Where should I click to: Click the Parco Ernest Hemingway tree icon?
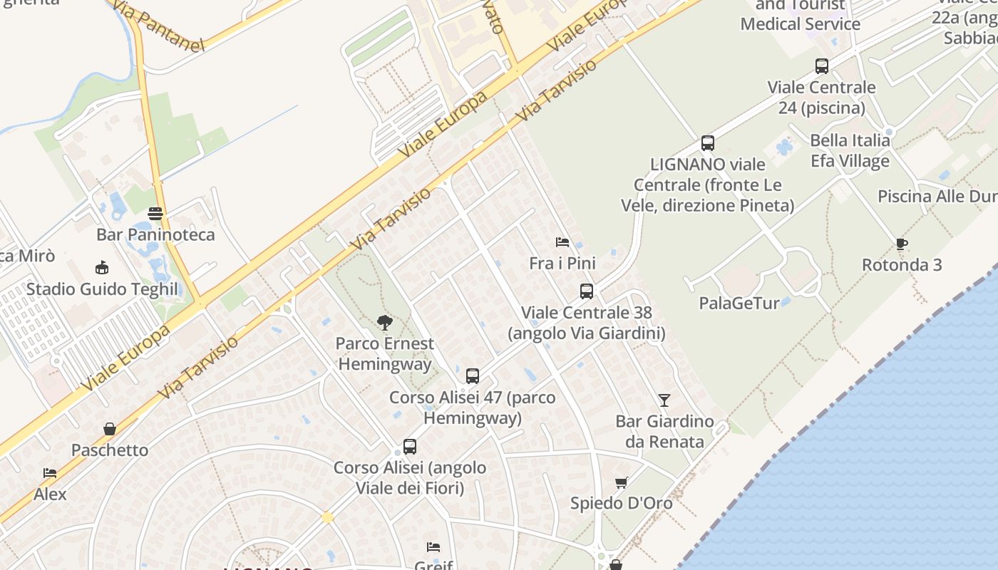point(385,323)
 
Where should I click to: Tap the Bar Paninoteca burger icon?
point(155,213)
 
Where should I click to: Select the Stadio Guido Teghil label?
point(102,289)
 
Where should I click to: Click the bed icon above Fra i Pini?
point(562,242)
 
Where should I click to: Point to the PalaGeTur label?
point(739,303)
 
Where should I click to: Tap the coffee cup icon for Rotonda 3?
point(902,244)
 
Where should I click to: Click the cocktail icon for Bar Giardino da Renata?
point(664,400)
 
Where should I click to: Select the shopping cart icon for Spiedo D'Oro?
point(622,482)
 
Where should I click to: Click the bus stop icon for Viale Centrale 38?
point(587,291)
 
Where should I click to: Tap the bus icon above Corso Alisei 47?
point(473,376)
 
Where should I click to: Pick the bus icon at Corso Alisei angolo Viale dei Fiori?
point(410,447)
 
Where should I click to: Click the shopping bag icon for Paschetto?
point(110,429)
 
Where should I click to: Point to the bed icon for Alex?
point(50,473)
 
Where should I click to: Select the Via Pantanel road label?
point(158,28)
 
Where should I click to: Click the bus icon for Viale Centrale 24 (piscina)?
point(822,66)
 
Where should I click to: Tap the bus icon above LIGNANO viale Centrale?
point(708,143)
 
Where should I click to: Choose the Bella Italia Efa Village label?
point(850,150)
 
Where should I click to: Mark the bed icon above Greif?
point(433,547)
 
